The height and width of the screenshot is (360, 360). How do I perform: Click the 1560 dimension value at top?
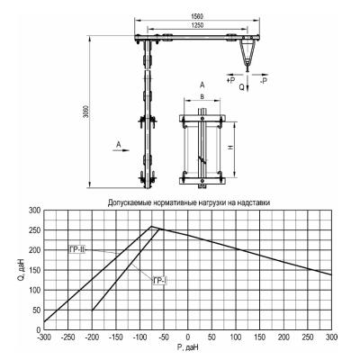click(x=196, y=15)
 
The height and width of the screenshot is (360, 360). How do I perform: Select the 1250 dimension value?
click(x=197, y=25)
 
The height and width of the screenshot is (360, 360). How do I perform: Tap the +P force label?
click(x=231, y=80)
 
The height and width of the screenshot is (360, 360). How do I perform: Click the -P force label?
click(x=264, y=81)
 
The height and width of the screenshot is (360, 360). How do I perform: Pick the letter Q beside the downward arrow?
click(x=242, y=87)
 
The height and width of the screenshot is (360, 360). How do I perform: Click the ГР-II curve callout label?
click(x=77, y=249)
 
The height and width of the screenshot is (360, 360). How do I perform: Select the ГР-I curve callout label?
click(x=159, y=281)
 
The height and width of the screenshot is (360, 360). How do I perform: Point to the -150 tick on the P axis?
click(x=116, y=337)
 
